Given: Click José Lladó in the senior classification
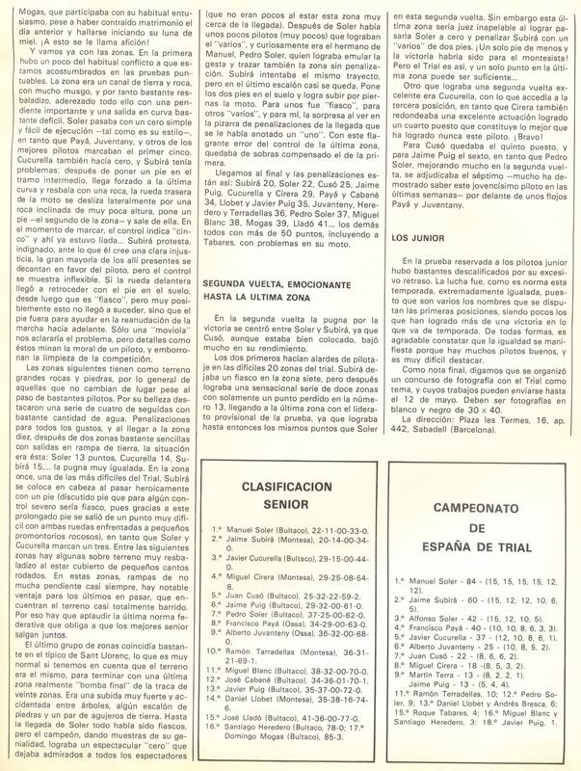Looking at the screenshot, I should [x=246, y=716].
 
